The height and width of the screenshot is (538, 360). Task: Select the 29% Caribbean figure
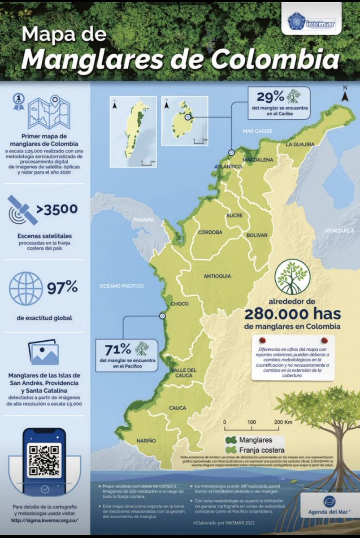270,96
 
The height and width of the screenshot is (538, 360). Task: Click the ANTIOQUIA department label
217,276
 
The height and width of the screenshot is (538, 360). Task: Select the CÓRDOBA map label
210,232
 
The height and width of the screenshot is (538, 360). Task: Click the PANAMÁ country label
143,220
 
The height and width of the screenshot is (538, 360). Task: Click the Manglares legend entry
255,440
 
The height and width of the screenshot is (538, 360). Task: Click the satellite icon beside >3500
22,210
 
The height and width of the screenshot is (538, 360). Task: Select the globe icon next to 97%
26,287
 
